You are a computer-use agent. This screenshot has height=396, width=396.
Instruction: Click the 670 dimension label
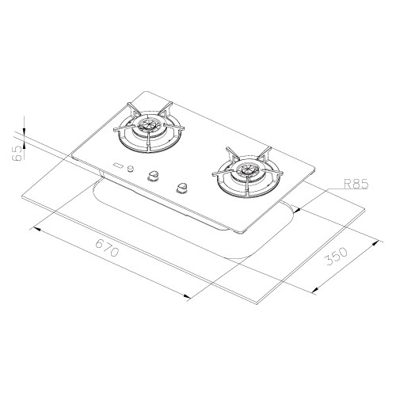tap(107, 248)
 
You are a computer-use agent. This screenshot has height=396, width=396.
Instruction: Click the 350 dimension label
tap(337, 256)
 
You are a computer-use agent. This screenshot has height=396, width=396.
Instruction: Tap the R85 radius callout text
tap(356, 184)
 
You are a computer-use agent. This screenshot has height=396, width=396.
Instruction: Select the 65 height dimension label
tap(17, 153)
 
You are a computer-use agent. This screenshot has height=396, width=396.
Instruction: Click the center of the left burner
tap(149, 124)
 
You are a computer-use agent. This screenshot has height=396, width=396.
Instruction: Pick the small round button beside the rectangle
tap(131, 169)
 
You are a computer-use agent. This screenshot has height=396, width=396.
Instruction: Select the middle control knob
tap(152, 176)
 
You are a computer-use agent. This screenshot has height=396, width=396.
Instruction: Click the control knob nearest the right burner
tap(181, 188)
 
